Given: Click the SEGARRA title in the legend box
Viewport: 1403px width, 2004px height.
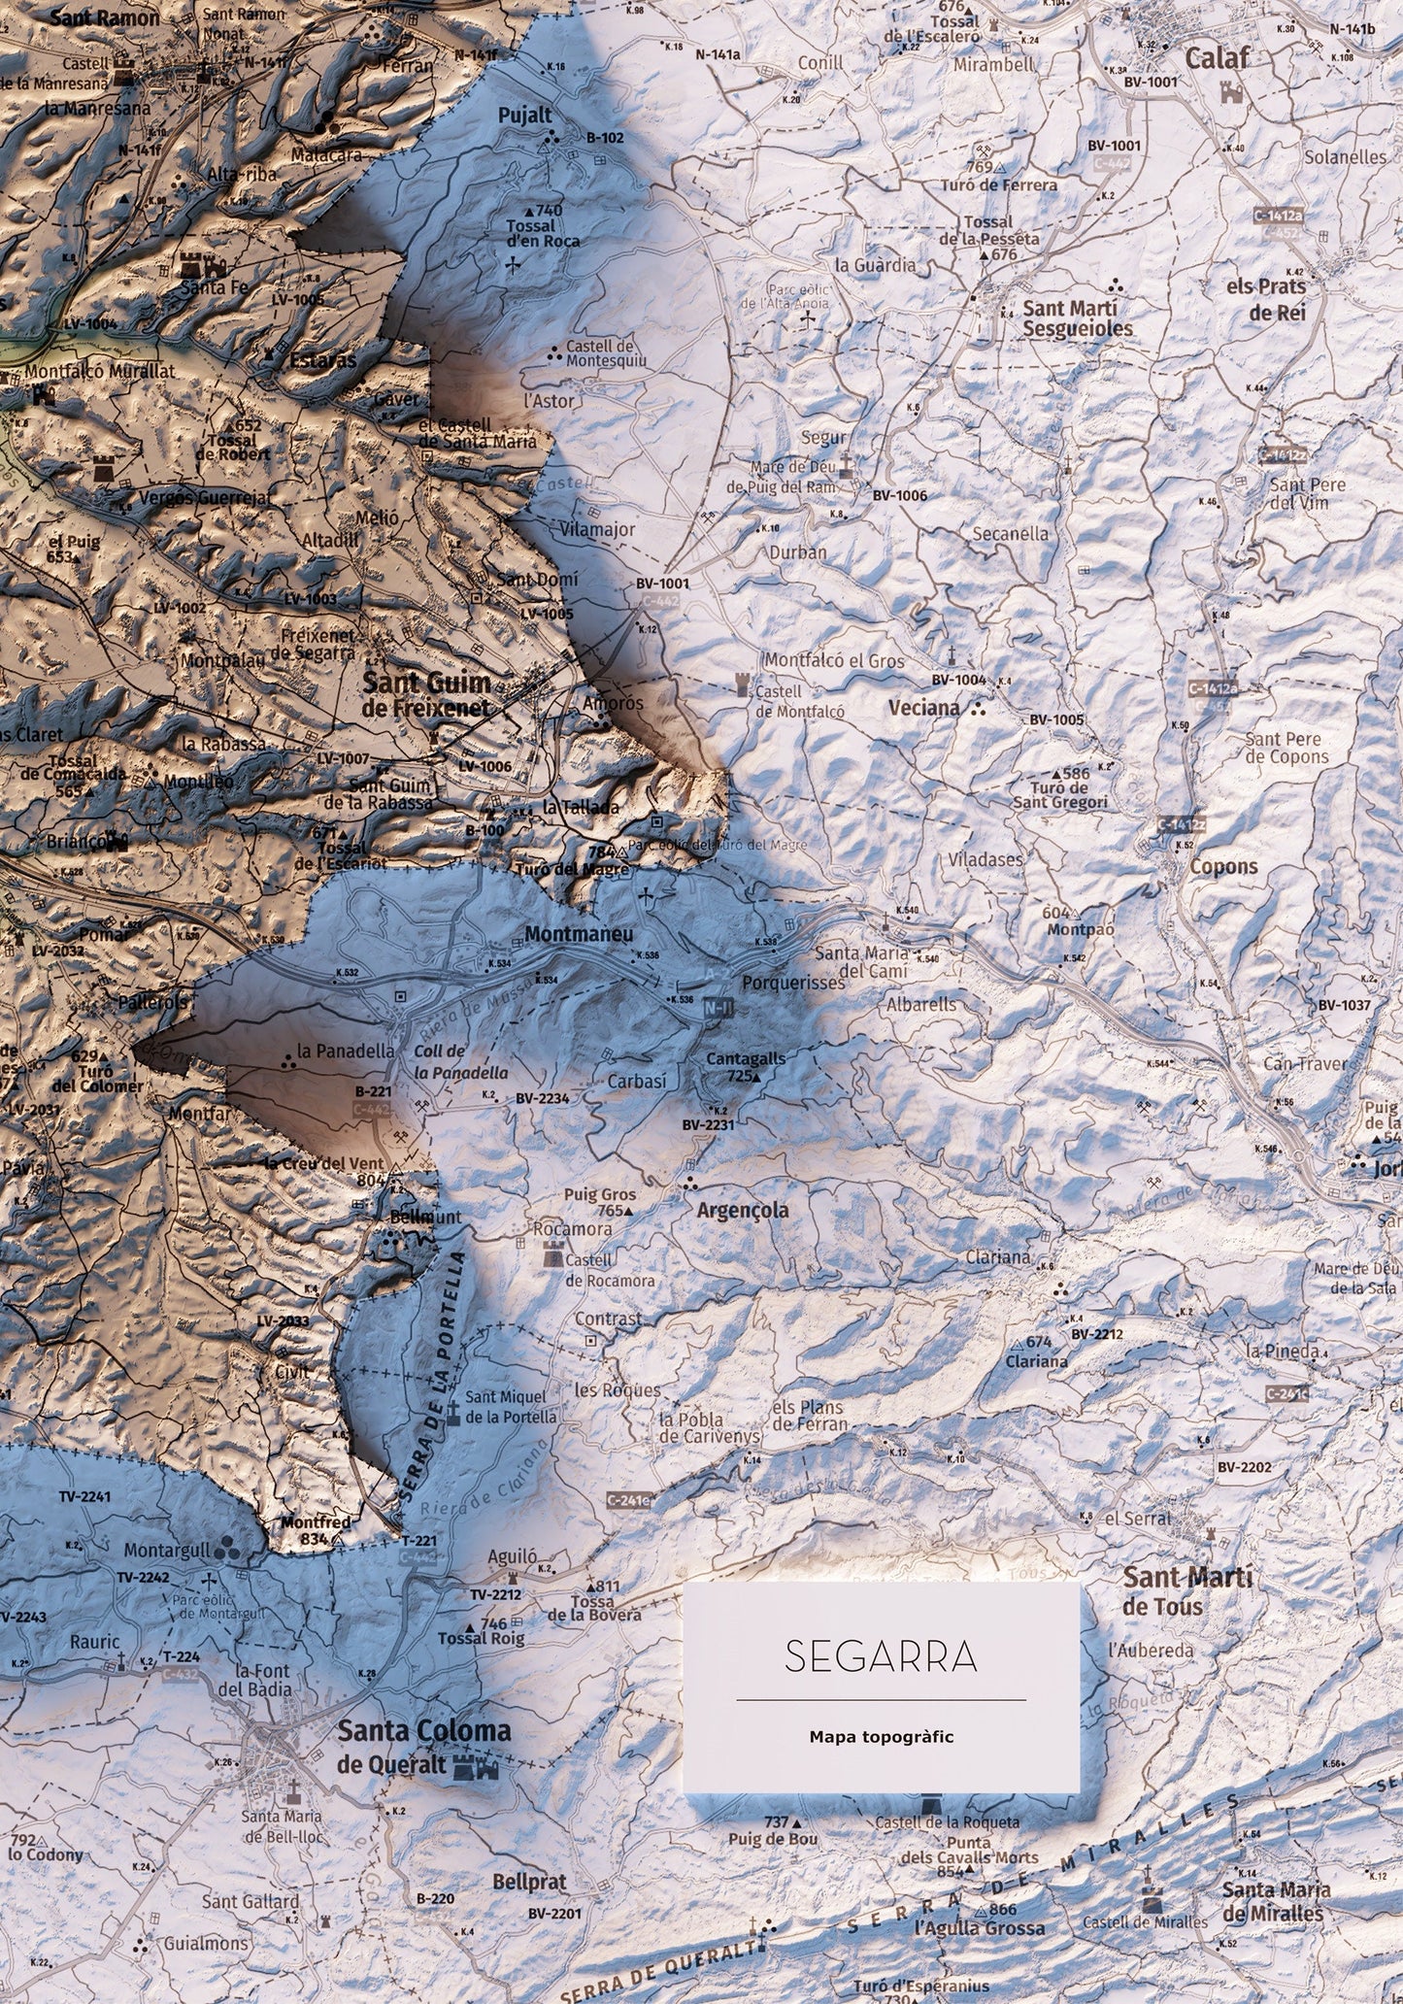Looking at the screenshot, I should click(x=881, y=978).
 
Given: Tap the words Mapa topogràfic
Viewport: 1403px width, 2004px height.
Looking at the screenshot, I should click(x=881, y=1057).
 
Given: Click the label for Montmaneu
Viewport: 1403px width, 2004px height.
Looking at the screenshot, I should click(x=579, y=934).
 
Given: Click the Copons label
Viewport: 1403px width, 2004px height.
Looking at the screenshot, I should click(x=1222, y=867).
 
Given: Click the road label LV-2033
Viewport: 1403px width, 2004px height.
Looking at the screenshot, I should click(x=284, y=1321).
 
